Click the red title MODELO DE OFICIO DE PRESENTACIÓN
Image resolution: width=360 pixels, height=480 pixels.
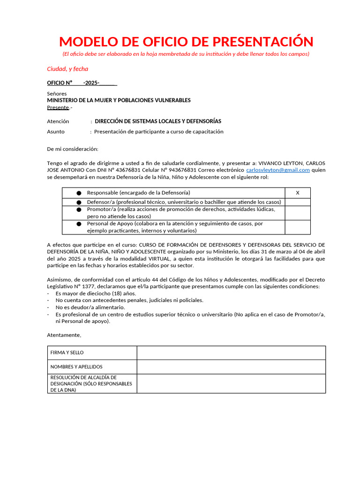[x=186, y=42]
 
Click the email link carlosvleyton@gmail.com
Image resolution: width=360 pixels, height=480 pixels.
[x=278, y=170]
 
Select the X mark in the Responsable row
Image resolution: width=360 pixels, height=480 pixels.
[x=297, y=193]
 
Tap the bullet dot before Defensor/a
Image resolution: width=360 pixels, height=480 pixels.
[x=79, y=202]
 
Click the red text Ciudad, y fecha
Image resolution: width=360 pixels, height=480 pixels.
[x=67, y=69]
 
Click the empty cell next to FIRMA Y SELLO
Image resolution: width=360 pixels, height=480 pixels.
[x=231, y=352]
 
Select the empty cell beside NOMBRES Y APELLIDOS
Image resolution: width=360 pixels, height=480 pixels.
[x=231, y=367]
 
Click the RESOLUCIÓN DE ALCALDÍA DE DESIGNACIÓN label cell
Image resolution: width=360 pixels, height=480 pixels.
[x=92, y=383]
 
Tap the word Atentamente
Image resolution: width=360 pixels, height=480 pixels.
[x=64, y=335]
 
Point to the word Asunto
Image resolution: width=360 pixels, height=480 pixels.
[x=56, y=132]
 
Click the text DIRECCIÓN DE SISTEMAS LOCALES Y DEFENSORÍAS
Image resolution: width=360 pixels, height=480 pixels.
[x=158, y=121]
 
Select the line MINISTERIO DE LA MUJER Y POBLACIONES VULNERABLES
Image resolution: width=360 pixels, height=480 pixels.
[x=119, y=100]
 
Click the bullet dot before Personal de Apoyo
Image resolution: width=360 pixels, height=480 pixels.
[x=79, y=224]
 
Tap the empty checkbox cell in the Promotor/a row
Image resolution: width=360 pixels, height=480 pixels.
[x=297, y=213]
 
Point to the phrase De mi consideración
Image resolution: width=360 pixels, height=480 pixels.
[x=73, y=149]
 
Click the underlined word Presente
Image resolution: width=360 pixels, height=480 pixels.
[x=58, y=107]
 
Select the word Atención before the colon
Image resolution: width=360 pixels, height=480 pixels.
[x=58, y=121]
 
